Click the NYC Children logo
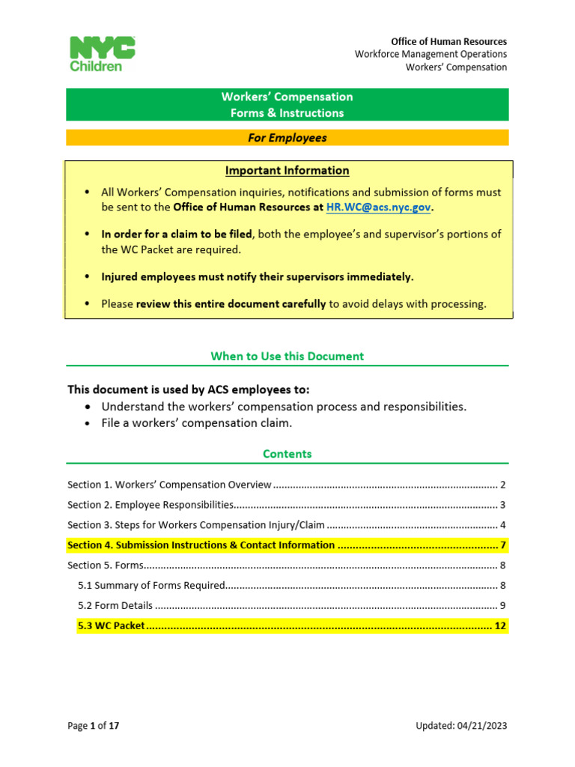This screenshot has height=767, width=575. [x=103, y=54]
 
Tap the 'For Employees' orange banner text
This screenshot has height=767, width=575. [x=287, y=138]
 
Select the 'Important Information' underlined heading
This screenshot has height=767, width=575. [x=287, y=170]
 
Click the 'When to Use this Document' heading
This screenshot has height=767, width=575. [x=287, y=356]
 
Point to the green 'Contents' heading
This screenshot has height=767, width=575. [x=287, y=453]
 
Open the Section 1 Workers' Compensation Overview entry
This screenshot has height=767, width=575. [x=169, y=485]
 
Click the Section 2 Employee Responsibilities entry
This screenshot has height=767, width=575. [x=152, y=504]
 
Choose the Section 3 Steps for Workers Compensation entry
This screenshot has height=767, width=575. [x=196, y=524]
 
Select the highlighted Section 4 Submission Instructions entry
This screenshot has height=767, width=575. [x=201, y=545]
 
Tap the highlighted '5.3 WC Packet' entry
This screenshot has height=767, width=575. [x=112, y=625]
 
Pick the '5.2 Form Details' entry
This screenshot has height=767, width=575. [x=115, y=605]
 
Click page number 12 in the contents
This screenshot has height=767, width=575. [x=500, y=625]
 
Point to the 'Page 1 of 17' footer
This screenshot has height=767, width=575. [x=94, y=725]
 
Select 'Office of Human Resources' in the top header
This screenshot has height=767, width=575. [x=448, y=41]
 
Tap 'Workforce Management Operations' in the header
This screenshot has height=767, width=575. [x=431, y=54]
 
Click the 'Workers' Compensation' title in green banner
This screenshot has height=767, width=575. [x=287, y=97]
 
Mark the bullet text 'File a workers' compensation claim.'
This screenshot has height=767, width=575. [x=197, y=422]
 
